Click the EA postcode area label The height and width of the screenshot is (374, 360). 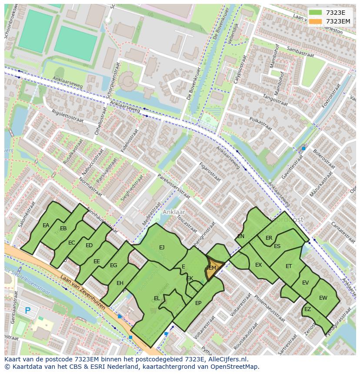click(x=46, y=225)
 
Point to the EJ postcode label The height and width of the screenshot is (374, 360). click(x=162, y=248)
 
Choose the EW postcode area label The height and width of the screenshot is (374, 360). click(x=323, y=298)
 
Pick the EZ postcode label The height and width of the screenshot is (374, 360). click(x=308, y=309)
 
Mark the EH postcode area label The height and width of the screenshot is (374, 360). click(x=120, y=283)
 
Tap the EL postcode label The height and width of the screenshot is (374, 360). click(x=157, y=298)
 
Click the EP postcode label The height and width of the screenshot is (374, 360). click(x=198, y=303)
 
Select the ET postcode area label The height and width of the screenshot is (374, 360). click(x=289, y=266)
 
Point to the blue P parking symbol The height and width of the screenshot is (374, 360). click(x=28, y=311)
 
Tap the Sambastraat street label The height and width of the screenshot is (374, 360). click(x=300, y=53)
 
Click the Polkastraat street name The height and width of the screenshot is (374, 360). click(x=260, y=123)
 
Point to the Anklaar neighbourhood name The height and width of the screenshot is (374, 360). click(x=173, y=212)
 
